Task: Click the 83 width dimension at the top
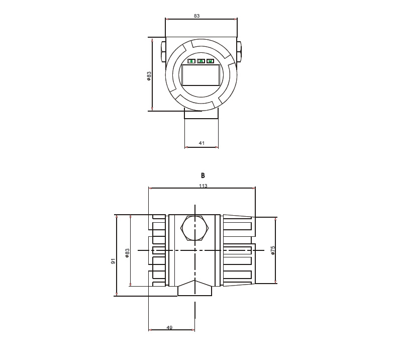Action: pos(196,16)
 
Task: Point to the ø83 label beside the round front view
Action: pos(149,76)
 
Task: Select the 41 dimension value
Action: pos(202,143)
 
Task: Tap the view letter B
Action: pos(203,175)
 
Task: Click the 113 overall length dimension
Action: pos(203,186)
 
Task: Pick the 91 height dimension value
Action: pos(113,261)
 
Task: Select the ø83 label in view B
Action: pos(127,253)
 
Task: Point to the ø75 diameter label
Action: pos(273,250)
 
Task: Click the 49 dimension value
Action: pos(169,327)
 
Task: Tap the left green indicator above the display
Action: pos(191,61)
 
